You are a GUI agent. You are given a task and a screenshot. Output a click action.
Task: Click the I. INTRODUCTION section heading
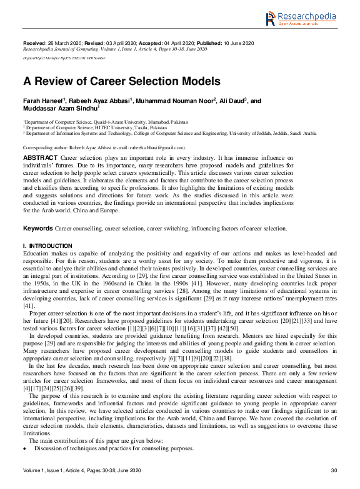47,247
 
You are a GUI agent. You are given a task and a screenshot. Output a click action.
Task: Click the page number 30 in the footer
333,470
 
